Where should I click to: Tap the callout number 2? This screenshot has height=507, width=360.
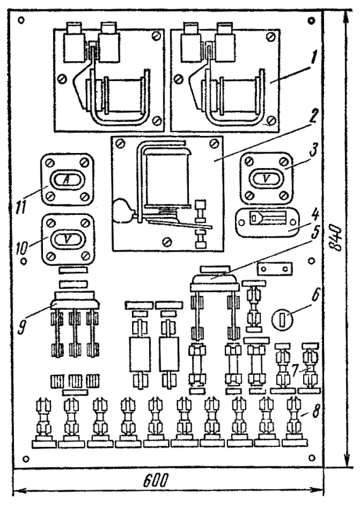[312, 118]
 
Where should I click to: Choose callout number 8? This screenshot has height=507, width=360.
[315, 412]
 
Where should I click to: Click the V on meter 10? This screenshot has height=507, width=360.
[67, 239]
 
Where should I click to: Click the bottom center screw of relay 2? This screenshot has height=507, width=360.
[167, 241]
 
